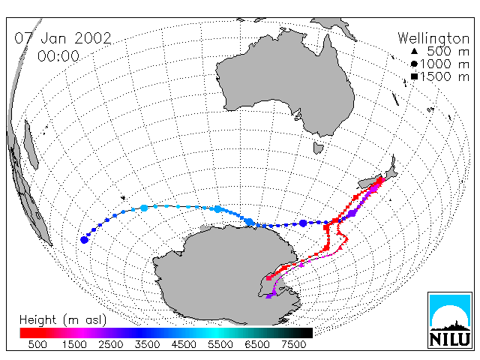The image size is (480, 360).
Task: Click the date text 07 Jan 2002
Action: [x=63, y=38]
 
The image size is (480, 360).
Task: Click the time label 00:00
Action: [x=58, y=56]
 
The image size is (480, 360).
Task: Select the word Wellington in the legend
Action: [x=433, y=39]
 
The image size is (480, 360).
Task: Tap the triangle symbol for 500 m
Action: [x=414, y=52]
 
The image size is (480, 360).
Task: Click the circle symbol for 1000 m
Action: [x=414, y=64]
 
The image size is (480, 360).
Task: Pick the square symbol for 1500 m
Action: [x=414, y=76]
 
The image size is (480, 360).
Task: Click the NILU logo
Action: [x=450, y=320]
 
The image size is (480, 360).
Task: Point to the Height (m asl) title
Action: [x=63, y=320]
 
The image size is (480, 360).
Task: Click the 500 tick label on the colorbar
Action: [x=37, y=344]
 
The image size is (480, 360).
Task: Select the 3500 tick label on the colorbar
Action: [x=147, y=344]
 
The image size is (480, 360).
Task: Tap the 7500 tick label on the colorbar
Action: [x=293, y=344]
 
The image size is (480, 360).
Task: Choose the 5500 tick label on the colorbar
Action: [x=220, y=344]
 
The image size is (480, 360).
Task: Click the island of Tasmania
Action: [x=318, y=148]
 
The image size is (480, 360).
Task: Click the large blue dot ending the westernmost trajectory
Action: [x=84, y=240]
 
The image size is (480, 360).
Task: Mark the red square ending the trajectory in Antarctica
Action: [x=268, y=278]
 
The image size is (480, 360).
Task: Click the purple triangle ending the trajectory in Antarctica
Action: [x=268, y=296]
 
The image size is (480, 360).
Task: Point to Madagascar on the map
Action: [x=31, y=144]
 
